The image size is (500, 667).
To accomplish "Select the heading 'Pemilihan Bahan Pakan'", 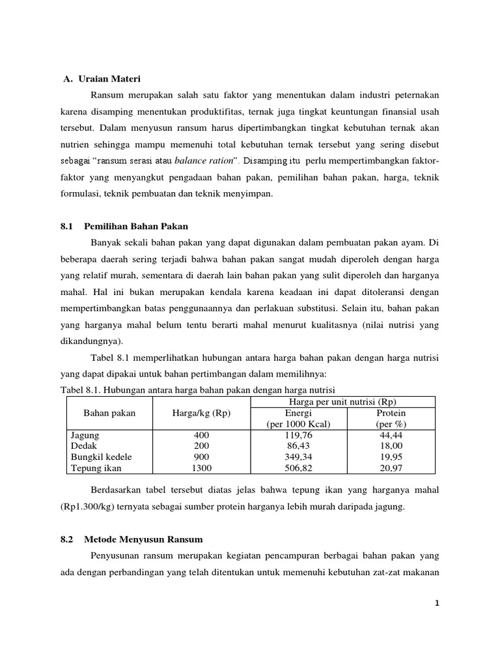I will (x=136, y=226).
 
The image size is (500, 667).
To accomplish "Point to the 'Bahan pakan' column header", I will (x=109, y=414).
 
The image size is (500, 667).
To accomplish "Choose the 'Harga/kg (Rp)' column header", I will (x=201, y=414).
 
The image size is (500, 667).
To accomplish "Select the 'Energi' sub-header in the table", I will (x=299, y=413).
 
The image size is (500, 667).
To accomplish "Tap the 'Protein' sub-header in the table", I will (x=391, y=413).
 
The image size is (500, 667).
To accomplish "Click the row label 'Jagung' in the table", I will (x=85, y=434).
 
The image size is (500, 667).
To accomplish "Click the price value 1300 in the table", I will (x=201, y=468).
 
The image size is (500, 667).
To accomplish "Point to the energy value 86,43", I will (x=299, y=446).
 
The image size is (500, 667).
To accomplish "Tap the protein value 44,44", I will (x=391, y=434).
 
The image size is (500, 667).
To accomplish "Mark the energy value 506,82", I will (x=299, y=468).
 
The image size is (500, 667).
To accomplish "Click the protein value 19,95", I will (x=391, y=457).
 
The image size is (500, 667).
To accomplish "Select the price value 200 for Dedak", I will (x=201, y=446).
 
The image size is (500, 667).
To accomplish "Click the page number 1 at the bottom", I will (x=438, y=603).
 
